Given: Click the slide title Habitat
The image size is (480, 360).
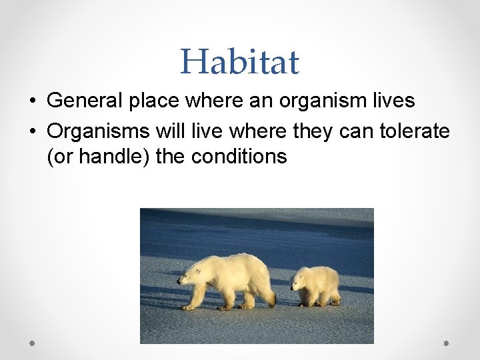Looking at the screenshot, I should tap(239, 61).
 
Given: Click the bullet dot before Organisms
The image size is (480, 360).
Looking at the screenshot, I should tap(32, 131).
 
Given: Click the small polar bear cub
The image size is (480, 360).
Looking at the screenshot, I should tap(317, 285).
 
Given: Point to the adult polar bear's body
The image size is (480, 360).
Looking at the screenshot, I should tap(233, 277).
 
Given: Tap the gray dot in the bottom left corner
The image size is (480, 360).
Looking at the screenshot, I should tap(32, 343).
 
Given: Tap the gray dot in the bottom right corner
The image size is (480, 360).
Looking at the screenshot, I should tap(447, 343).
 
